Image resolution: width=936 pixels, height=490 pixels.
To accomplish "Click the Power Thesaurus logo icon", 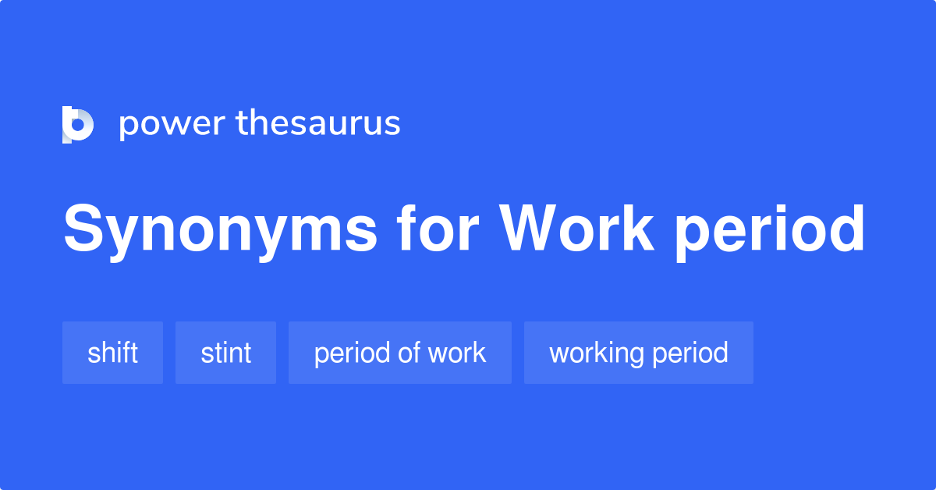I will tap(78, 124).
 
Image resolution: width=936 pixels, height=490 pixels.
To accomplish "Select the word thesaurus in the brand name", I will tap(318, 124).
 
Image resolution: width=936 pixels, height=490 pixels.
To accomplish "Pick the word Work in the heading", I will tap(577, 229).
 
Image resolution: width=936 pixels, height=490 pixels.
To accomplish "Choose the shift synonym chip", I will tap(112, 353).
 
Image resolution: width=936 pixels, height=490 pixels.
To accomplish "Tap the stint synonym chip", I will tap(225, 353).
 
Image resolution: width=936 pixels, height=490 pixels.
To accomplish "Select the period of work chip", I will tap(399, 353).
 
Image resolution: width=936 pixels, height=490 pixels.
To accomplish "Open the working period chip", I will tap(638, 353).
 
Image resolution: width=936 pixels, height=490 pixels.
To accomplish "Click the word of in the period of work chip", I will tap(409, 353).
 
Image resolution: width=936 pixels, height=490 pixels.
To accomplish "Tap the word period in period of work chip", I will tap(353, 353).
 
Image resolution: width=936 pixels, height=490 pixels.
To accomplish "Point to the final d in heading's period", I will tap(846, 229).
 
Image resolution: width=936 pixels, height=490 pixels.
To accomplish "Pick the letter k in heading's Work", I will tap(638, 229).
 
